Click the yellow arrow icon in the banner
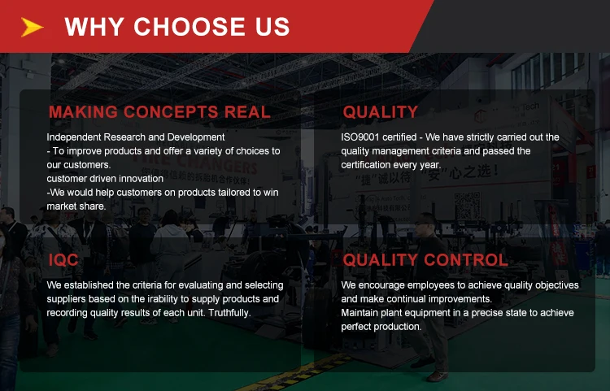click(31, 27)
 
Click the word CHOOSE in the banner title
click(190, 27)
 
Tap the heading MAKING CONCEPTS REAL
click(159, 112)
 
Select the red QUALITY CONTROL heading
click(425, 259)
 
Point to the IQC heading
click(63, 259)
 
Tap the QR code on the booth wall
click(468, 205)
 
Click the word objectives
click(557, 285)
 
